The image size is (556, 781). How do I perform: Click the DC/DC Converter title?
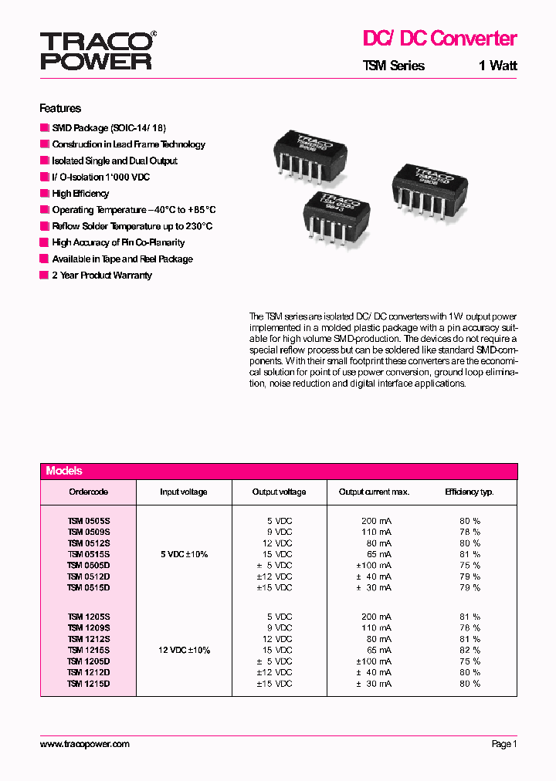click(439, 39)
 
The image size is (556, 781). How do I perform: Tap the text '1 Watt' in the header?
click(497, 66)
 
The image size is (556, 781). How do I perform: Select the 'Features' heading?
click(60, 109)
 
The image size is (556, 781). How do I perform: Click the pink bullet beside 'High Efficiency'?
click(44, 194)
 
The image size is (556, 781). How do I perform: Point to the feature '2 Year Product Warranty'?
click(101, 276)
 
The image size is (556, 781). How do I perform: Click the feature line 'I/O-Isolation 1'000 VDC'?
click(100, 177)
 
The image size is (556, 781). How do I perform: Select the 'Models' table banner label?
click(64, 471)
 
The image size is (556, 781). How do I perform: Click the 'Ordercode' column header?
click(88, 492)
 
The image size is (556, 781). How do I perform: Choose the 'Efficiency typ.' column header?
click(469, 492)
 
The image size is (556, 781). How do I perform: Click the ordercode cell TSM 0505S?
click(89, 521)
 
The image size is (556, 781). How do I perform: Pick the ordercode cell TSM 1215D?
click(89, 684)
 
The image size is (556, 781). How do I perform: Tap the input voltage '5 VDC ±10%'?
click(183, 554)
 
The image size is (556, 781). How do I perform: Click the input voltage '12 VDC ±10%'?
click(184, 651)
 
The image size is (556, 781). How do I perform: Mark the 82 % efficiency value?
click(470, 651)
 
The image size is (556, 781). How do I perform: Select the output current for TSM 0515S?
click(376, 554)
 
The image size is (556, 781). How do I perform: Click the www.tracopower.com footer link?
click(84, 744)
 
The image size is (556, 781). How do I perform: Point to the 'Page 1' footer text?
click(503, 744)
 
